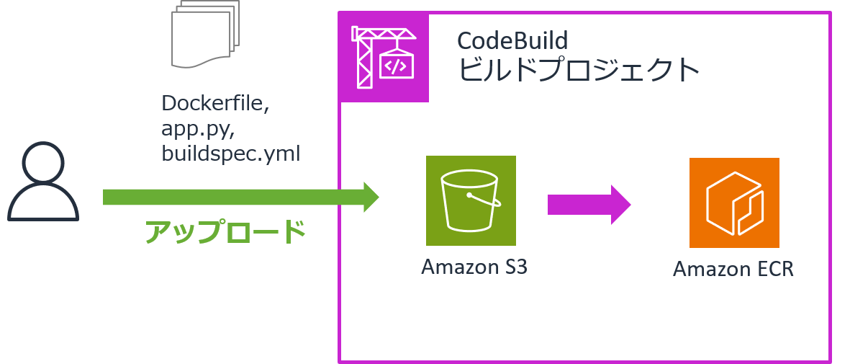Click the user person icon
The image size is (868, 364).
(43, 182)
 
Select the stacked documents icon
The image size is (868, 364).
(204, 35)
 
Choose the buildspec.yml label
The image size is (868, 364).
(231, 154)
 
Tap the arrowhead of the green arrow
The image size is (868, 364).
(370, 197)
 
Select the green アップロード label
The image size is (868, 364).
(225, 232)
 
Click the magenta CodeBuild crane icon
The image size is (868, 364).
(384, 57)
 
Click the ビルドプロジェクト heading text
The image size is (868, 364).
(579, 70)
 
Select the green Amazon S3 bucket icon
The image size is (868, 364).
(471, 200)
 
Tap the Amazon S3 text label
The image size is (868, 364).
(474, 267)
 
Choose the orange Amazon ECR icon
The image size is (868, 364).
(734, 203)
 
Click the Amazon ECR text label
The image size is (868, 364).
(733, 270)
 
